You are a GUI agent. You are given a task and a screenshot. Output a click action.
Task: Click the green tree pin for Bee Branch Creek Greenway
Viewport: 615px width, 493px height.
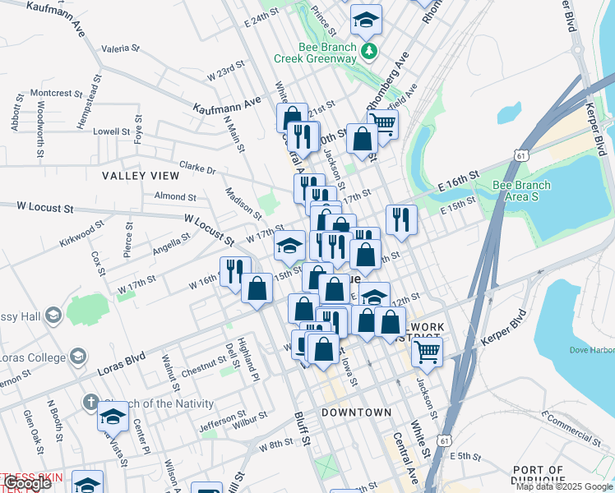pyautogui.click(x=370, y=51)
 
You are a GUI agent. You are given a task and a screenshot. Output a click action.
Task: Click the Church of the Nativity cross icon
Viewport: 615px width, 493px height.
pyautogui.click(x=92, y=403)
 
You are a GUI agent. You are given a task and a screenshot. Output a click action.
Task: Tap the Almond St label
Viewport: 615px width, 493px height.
pyautogui.click(x=175, y=197)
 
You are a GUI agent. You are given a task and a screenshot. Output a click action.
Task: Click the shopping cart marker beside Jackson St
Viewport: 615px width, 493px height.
pyautogui.click(x=427, y=351)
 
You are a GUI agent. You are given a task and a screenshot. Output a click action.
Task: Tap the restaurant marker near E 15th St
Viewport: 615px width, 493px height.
pyautogui.click(x=400, y=219)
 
